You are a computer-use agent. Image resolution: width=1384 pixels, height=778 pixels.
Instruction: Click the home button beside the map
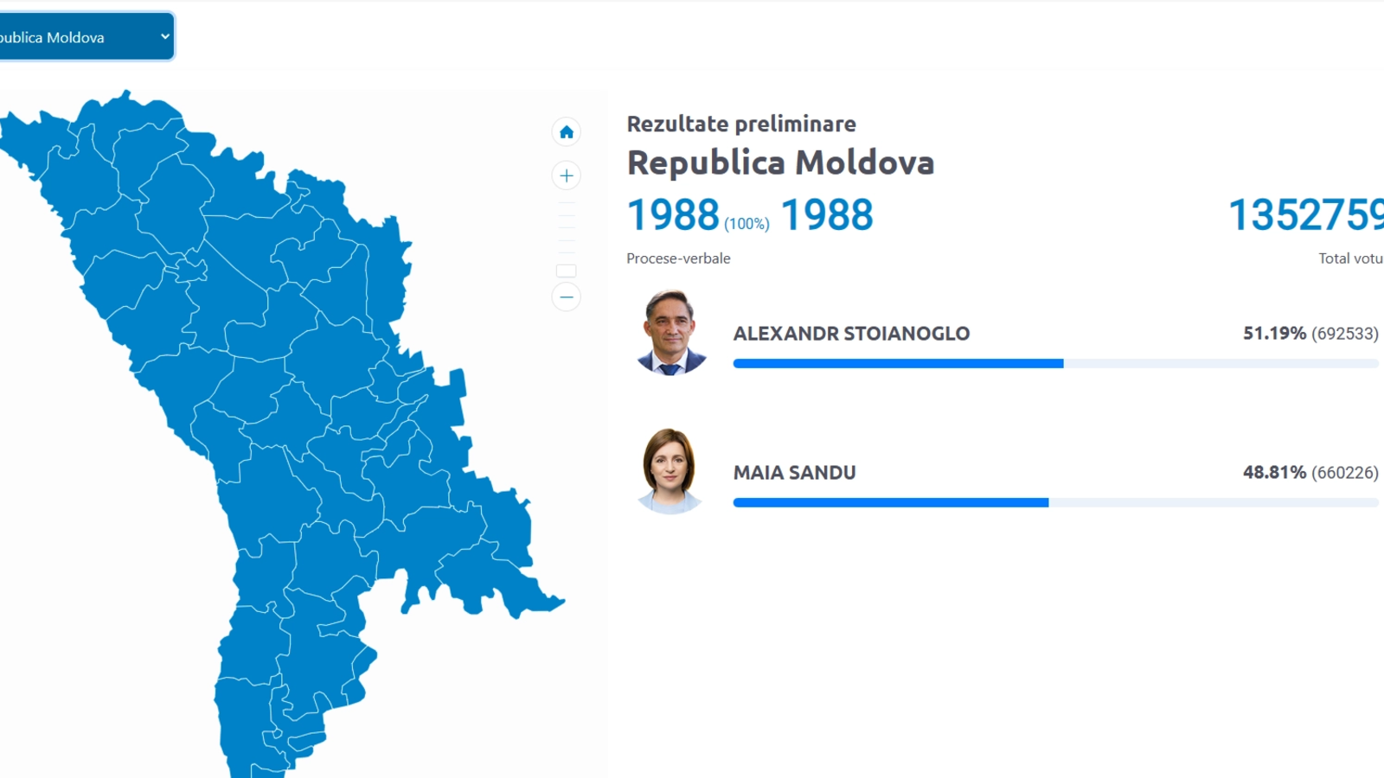[x=566, y=132]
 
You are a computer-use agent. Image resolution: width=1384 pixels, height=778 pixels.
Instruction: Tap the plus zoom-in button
[x=566, y=176]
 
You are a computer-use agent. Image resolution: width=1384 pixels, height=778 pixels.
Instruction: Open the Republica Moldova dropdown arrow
[x=165, y=36]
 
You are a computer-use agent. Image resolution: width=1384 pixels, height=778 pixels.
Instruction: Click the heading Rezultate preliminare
[x=740, y=124]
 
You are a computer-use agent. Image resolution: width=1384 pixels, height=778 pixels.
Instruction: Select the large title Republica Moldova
[x=780, y=163]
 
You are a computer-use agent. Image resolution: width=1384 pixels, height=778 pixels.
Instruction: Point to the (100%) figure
[x=747, y=224]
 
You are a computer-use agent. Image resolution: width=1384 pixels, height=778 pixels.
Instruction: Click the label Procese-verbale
[x=678, y=258]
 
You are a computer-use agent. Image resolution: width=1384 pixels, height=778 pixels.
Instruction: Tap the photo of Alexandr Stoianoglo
[x=670, y=333]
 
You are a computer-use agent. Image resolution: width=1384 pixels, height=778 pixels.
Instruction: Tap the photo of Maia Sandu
[x=670, y=471]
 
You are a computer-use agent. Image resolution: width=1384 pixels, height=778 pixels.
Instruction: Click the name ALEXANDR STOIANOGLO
[x=851, y=334]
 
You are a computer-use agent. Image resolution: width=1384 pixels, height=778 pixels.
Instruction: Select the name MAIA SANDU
[x=795, y=473]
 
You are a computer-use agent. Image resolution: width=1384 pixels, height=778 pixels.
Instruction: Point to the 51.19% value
[x=1275, y=334]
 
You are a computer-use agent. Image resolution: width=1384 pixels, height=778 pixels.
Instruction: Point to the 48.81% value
[x=1275, y=472]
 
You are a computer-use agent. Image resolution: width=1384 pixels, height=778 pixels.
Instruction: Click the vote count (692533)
[x=1345, y=334]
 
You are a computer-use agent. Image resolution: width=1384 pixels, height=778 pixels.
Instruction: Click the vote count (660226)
[x=1345, y=473]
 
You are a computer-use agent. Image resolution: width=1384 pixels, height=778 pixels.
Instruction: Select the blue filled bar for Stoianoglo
[x=899, y=364]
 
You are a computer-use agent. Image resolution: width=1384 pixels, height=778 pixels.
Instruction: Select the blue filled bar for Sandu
[x=891, y=502]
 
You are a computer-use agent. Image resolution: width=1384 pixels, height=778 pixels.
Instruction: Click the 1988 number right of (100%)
[x=827, y=215]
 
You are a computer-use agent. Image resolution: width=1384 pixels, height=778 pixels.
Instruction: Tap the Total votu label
[x=1351, y=258]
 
